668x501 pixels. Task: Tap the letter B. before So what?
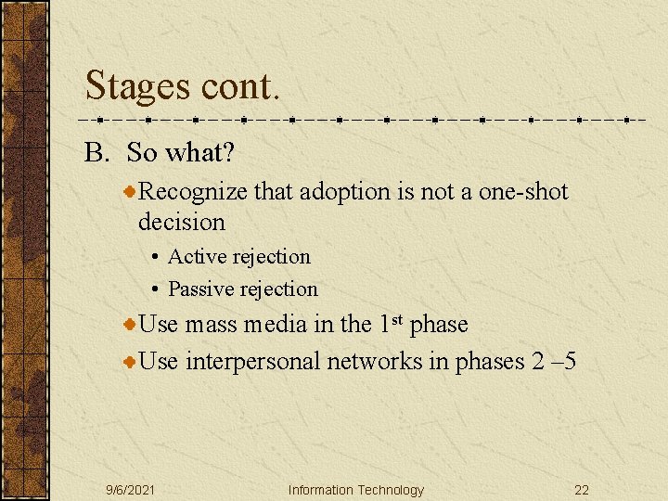(97, 152)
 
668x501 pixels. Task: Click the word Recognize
(193, 192)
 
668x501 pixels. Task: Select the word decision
(182, 222)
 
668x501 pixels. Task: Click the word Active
(198, 256)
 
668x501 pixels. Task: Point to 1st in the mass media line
(390, 324)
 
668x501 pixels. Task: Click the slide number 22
(582, 490)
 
